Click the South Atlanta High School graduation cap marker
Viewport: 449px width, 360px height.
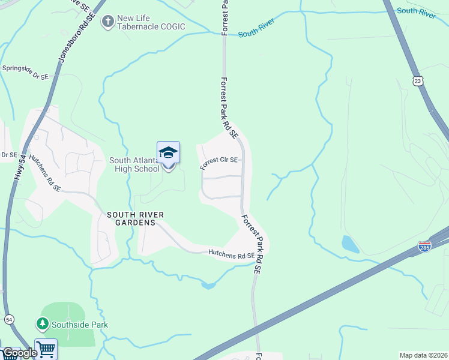(x=168, y=153)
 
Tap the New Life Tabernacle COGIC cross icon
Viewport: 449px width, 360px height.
(x=108, y=22)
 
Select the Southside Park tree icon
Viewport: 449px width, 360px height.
(x=42, y=325)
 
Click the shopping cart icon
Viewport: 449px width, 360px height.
(x=46, y=349)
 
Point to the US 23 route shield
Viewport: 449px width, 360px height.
(x=418, y=80)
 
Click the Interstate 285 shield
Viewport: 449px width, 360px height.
(x=424, y=247)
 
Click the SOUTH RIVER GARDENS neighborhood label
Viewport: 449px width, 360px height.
(x=136, y=218)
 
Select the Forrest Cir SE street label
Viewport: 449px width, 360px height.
(x=219, y=162)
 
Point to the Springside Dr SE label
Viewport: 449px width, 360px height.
(x=25, y=72)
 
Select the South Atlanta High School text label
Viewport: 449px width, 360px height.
(x=134, y=164)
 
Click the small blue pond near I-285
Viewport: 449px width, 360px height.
(x=348, y=244)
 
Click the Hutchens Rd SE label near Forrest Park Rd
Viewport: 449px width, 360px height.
(x=231, y=255)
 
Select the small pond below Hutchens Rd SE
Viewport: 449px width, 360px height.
(x=208, y=285)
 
